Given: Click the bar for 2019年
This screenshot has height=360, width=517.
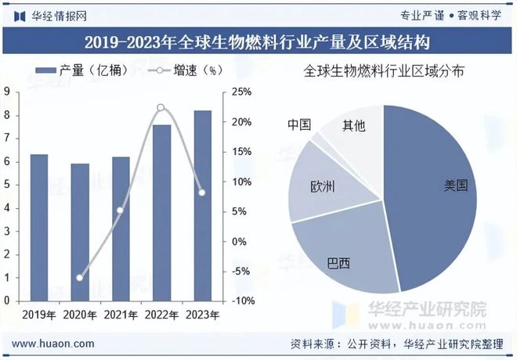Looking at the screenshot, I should point(39,227).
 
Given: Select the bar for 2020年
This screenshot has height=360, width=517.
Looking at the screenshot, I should point(80,232).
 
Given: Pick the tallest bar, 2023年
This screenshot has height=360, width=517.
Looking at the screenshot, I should point(202,205).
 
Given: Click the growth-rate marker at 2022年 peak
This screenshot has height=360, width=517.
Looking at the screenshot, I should point(161,107).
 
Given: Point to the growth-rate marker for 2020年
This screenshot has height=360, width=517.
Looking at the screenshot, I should point(79,277).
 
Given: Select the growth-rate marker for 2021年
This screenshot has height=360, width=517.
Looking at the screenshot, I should point(120,210).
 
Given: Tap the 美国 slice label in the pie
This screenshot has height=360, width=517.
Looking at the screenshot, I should point(455,185).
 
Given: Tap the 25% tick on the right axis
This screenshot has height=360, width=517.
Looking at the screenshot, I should point(241,92).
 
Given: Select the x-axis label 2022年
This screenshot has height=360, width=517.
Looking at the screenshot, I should point(161,315).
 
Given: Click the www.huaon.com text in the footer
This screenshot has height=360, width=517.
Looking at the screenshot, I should point(54,344).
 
